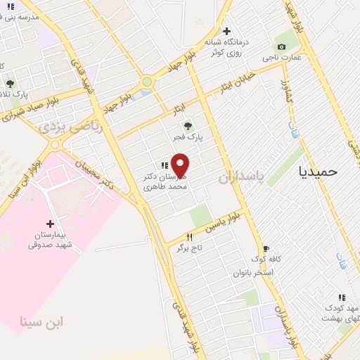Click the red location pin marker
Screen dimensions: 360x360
[x=181, y=165]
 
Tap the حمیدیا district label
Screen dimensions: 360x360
[x=318, y=171]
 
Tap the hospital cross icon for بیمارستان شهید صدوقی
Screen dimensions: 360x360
[x=50, y=224]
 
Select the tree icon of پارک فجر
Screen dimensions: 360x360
[x=188, y=127]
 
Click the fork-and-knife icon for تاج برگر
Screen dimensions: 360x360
[x=188, y=238]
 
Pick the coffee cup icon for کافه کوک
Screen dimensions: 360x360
[x=266, y=248]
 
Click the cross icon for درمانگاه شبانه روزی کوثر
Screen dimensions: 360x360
[x=226, y=31]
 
